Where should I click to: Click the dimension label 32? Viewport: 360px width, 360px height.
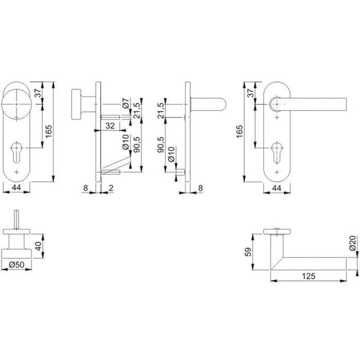(x=110, y=126)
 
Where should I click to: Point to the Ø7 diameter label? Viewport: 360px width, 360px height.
(x=126, y=103)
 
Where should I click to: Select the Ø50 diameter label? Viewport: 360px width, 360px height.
(x=17, y=265)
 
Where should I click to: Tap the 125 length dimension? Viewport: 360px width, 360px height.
(x=308, y=276)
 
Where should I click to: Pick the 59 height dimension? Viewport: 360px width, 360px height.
(x=249, y=252)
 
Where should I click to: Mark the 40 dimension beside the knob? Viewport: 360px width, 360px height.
(x=39, y=246)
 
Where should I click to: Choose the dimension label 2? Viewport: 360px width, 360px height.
(x=111, y=188)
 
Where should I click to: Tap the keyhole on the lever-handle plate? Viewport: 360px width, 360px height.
(x=277, y=153)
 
